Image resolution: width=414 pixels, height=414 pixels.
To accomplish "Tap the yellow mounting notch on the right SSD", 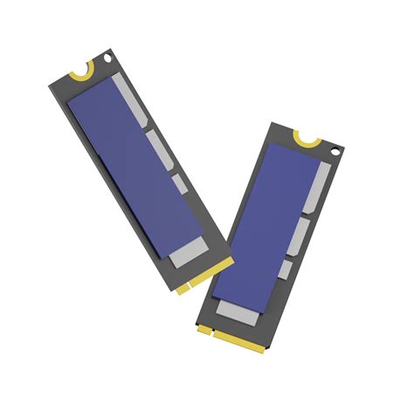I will [x=307, y=139].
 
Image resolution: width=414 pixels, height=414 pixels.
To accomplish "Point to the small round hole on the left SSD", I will [x=107, y=58].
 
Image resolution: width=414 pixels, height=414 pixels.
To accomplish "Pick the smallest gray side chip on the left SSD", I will [x=178, y=184].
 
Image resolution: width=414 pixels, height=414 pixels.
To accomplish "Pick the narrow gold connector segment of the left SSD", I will [x=182, y=287].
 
